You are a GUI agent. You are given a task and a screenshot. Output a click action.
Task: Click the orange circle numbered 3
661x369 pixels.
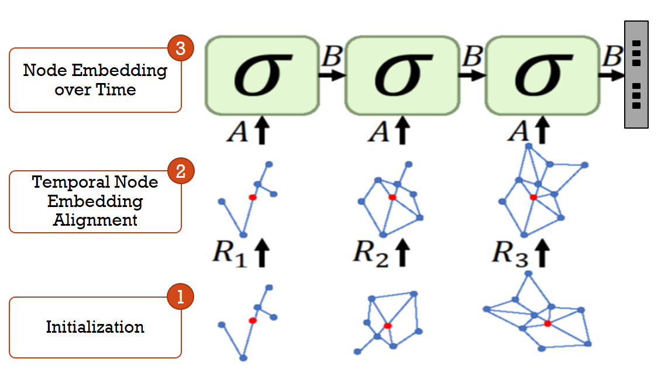click(x=181, y=49)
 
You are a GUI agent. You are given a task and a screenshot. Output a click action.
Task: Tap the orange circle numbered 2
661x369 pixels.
click(x=181, y=171)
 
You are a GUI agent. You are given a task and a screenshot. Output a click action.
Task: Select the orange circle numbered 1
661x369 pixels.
click(x=181, y=297)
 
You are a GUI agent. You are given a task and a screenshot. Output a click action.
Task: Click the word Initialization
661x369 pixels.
click(x=95, y=326)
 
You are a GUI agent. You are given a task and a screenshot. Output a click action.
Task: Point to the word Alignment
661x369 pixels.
click(x=95, y=220)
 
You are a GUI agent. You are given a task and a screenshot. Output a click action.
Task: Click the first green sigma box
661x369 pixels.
click(x=261, y=75)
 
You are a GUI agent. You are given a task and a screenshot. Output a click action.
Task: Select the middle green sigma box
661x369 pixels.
click(x=402, y=75)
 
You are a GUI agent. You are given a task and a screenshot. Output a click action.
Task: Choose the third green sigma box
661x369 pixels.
click(x=542, y=75)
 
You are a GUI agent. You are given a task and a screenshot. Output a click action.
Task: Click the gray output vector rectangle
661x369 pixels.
click(x=636, y=74)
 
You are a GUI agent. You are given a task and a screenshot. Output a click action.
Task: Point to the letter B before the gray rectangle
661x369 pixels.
click(x=612, y=57)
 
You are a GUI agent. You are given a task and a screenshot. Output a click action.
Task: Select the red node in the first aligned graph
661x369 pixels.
click(x=253, y=198)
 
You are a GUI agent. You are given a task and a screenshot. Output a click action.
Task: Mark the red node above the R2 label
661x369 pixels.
click(x=393, y=198)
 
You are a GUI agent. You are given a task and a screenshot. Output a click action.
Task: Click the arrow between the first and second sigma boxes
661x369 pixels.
click(x=332, y=75)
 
